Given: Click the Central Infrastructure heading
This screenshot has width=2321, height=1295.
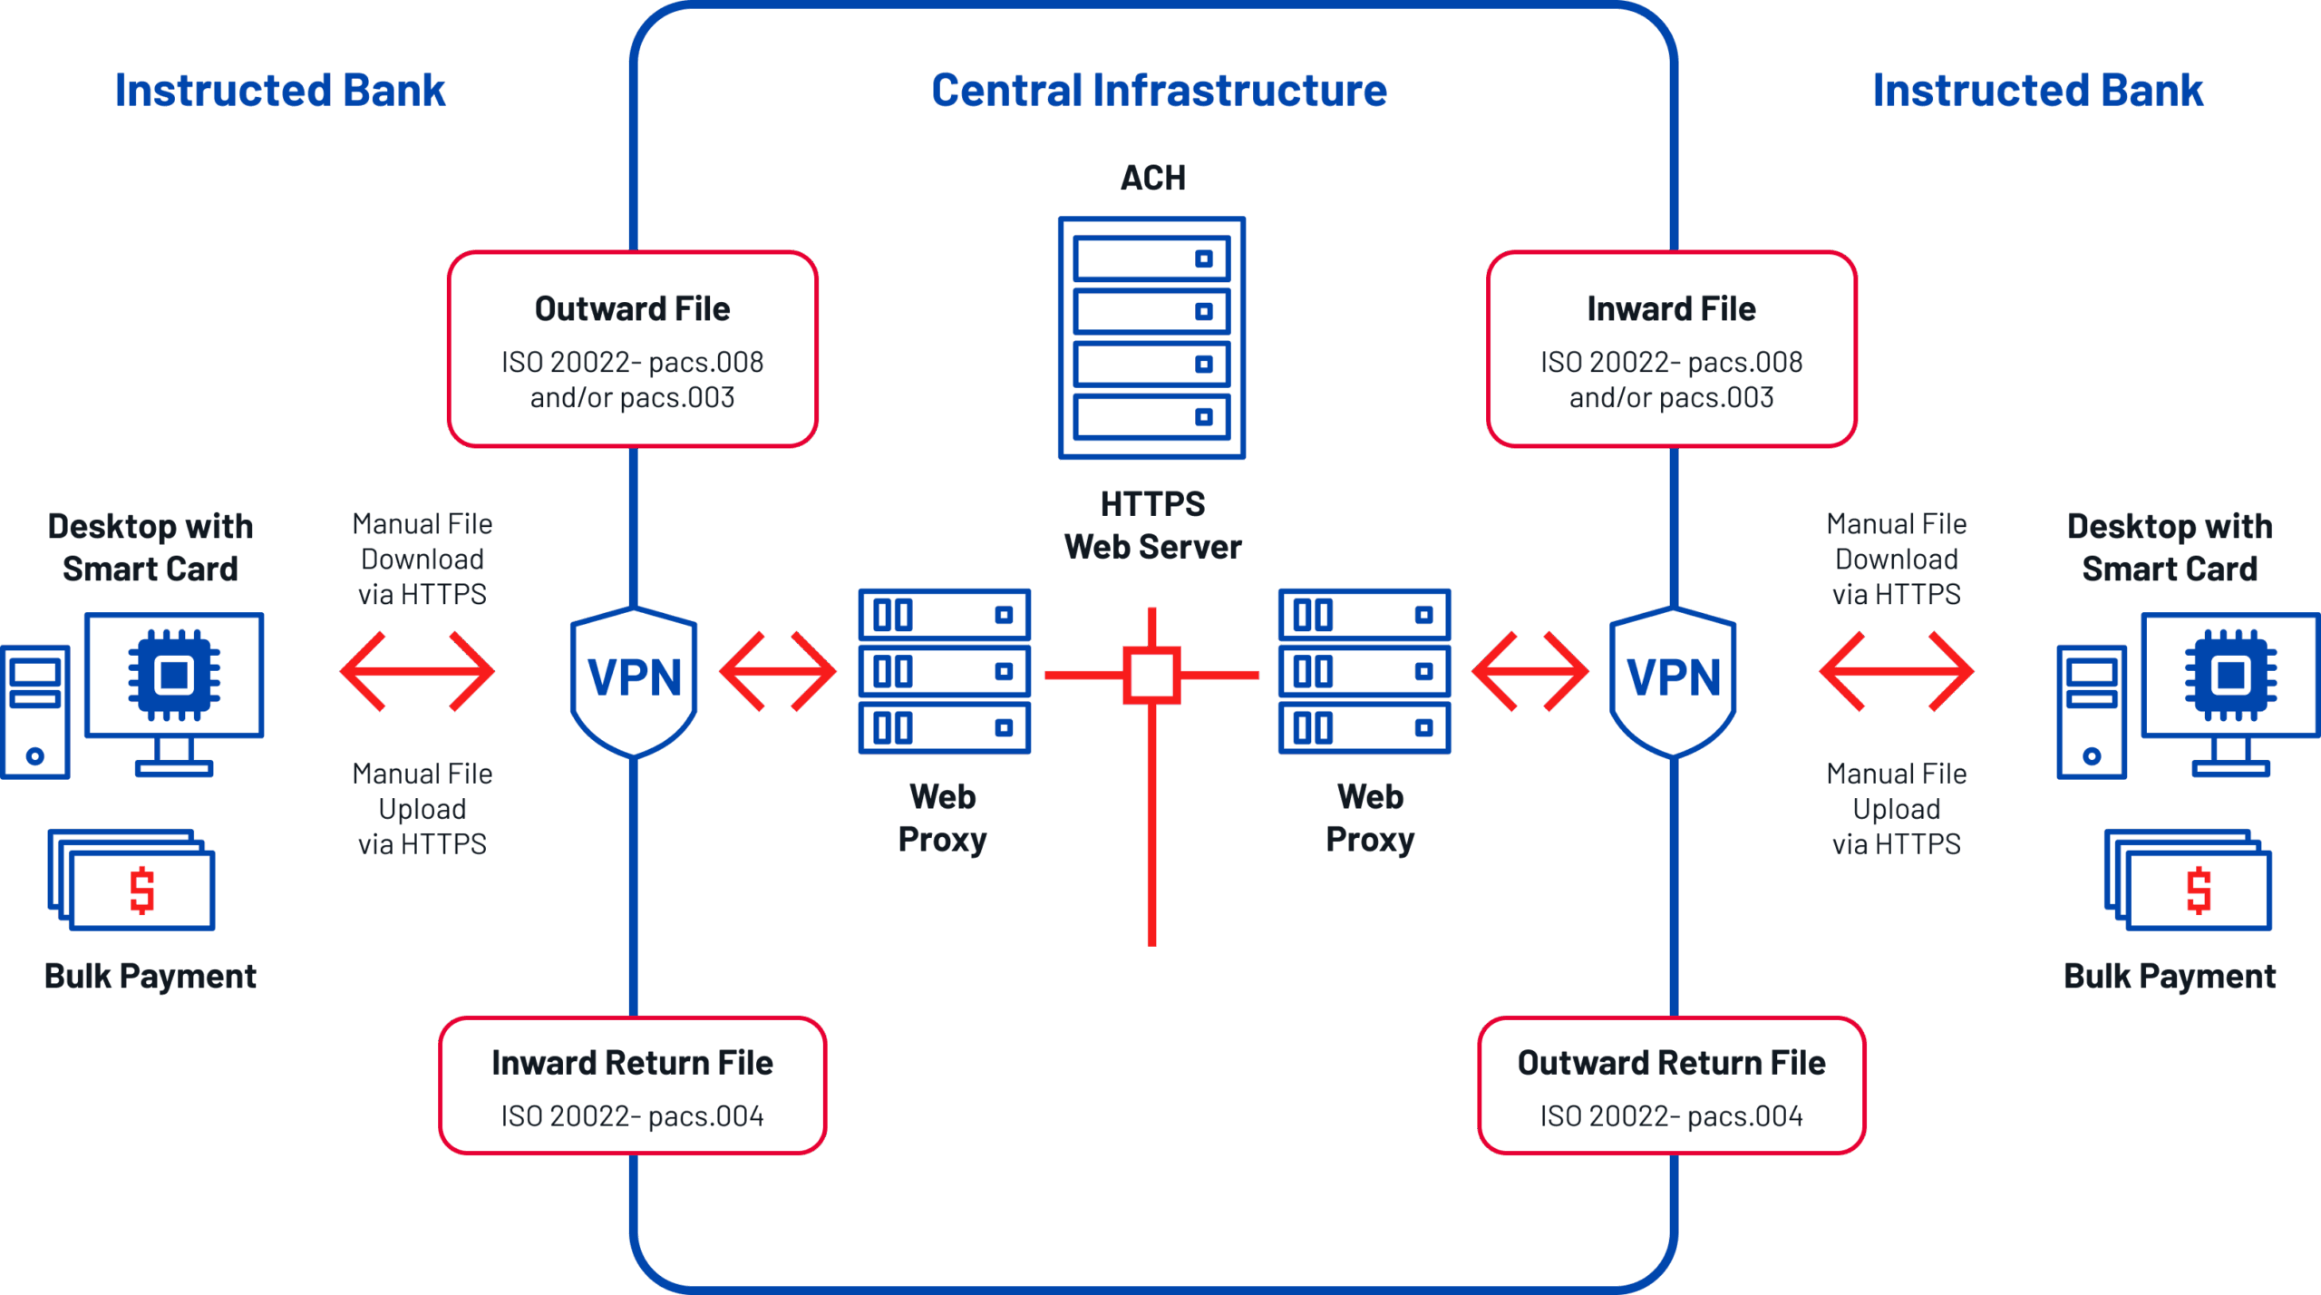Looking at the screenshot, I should click(1159, 91).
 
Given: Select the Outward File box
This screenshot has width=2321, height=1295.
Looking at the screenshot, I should click(632, 349).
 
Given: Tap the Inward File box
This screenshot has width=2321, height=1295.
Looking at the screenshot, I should click(1671, 349).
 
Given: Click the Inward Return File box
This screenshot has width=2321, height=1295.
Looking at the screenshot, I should click(632, 1086).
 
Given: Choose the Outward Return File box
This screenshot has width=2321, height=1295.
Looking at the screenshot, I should click(1671, 1086).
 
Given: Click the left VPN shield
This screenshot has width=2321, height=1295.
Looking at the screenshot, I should click(634, 680).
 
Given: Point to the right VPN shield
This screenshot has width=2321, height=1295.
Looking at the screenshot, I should click(1673, 680).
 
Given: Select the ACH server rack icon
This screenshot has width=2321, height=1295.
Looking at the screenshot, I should click(1151, 337).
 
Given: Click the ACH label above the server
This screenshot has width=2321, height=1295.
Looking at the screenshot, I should click(1152, 178).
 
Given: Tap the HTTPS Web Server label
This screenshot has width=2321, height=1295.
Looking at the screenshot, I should click(1152, 526).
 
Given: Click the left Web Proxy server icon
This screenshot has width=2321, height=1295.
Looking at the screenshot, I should click(944, 671).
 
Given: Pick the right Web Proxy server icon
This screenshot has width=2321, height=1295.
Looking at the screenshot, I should click(1364, 671).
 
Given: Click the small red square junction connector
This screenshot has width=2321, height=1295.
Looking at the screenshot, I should click(1151, 675).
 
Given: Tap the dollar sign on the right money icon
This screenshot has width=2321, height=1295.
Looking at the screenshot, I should click(2199, 890).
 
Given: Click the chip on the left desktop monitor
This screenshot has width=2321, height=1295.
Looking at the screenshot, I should click(174, 676).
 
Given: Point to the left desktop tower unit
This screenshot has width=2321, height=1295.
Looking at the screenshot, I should click(35, 711).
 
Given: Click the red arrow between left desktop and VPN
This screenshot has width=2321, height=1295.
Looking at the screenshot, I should click(418, 671).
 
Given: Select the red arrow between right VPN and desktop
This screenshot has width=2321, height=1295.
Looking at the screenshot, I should click(1896, 671).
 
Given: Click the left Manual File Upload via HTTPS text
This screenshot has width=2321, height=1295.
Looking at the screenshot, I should click(422, 809).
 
